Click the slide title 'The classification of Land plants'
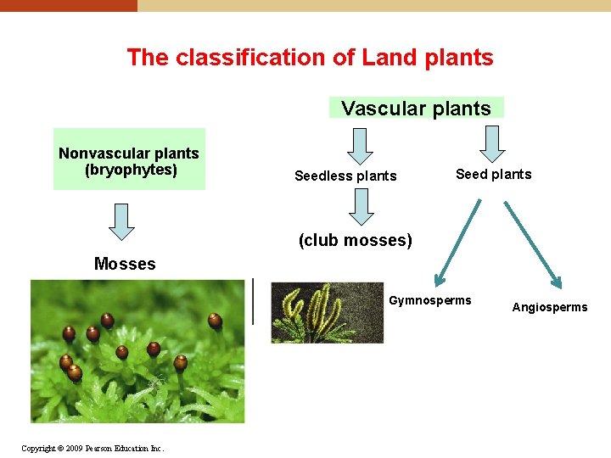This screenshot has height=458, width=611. coord(310,58)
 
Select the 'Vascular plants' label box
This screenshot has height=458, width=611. coord(416,109)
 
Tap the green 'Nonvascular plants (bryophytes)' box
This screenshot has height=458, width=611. coord(129,159)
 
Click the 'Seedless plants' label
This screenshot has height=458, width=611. coord(345,176)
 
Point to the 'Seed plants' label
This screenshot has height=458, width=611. coord(493,175)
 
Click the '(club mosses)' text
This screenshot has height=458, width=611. coord(355,240)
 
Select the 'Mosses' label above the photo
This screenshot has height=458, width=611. coord(125,264)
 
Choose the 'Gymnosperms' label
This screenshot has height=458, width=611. coord(429,300)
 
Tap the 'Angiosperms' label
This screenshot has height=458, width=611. coord(549,307)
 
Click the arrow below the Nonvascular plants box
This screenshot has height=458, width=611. coord(123,221)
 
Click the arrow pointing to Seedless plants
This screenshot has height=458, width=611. coord(361,146)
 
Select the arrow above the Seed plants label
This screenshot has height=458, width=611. coord(493,144)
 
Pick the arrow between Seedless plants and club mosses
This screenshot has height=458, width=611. coord(362,207)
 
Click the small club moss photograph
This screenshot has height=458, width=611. coord(327,312)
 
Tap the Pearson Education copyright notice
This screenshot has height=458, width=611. coord(92,448)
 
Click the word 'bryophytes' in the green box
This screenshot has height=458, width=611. coord(131,170)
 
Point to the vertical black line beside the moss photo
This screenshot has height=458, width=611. coord(253,301)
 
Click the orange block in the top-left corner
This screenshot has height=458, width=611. coord(68,5)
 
